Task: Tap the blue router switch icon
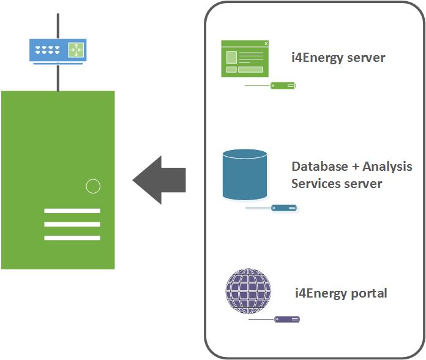click(x=58, y=50)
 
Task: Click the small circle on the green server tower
click(x=92, y=186)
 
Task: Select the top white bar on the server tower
click(x=72, y=211)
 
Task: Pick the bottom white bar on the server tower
click(x=72, y=238)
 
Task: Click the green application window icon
click(x=245, y=59)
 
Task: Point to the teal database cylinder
click(x=245, y=175)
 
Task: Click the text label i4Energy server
click(x=338, y=58)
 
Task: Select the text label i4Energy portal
click(x=341, y=293)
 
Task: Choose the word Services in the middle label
click(x=316, y=184)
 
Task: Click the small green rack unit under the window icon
click(x=283, y=86)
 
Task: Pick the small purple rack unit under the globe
click(x=287, y=319)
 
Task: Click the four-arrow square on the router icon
click(x=75, y=50)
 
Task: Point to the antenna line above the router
click(x=58, y=24)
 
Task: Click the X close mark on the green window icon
click(x=266, y=43)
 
